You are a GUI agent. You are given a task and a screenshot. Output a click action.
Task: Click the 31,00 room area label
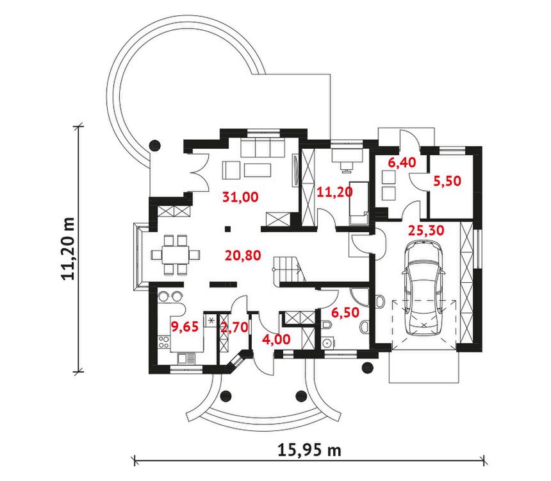(240, 197)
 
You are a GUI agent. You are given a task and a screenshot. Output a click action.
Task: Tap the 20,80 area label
(243, 255)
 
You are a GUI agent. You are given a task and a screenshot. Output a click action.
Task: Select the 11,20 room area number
(334, 192)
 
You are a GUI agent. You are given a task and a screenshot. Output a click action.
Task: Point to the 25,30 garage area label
(426, 230)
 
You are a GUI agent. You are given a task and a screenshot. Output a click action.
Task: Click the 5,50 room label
(447, 181)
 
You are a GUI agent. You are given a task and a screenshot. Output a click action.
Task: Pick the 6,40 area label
(402, 162)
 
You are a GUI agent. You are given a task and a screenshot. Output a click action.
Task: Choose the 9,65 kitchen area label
(185, 326)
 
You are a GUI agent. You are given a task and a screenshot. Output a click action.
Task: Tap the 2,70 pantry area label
(234, 328)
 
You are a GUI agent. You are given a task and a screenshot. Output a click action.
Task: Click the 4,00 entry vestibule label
(277, 339)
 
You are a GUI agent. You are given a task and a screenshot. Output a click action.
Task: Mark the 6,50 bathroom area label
(345, 312)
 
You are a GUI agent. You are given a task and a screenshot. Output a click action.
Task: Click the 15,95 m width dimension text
(309, 450)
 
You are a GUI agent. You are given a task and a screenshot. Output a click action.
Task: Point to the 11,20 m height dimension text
(69, 248)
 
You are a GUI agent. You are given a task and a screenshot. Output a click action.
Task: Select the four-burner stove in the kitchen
(164, 342)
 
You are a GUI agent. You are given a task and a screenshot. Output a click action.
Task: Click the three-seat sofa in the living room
(263, 147)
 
